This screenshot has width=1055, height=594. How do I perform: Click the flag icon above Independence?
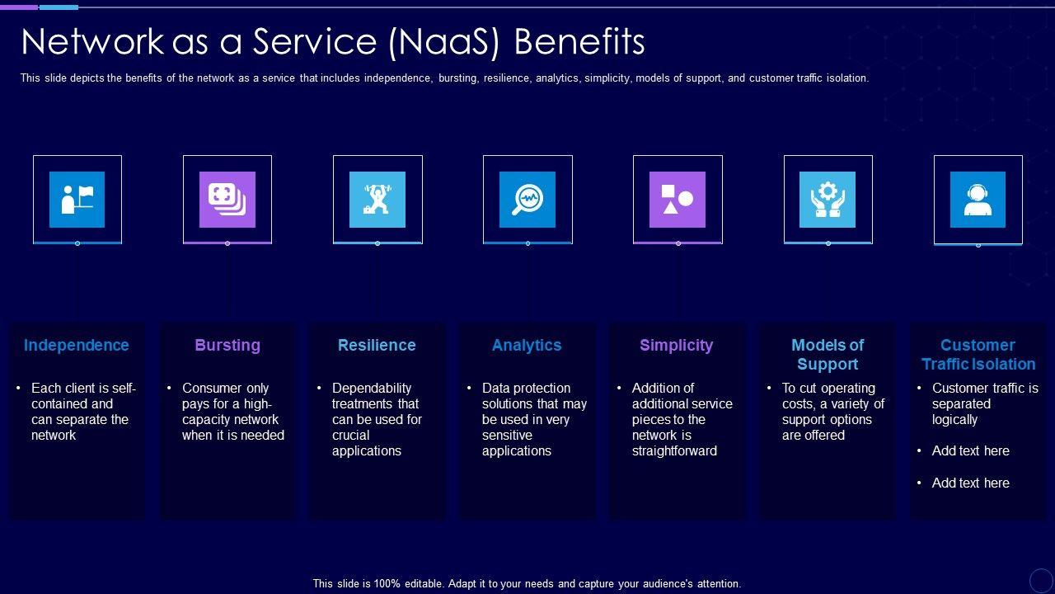coord(77,199)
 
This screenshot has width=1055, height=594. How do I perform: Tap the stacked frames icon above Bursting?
coord(227,199)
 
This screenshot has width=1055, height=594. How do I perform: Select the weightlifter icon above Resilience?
coord(377,199)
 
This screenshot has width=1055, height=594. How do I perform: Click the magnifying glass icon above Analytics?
coord(527,199)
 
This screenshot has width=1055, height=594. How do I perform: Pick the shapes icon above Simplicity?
coord(678,199)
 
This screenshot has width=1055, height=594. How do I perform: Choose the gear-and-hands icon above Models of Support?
coord(828,199)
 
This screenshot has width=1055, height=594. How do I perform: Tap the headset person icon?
coord(978,199)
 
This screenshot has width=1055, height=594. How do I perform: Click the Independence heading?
coord(77,346)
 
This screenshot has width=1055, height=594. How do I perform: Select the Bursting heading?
coord(227,346)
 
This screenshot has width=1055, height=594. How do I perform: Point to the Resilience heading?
coord(377,346)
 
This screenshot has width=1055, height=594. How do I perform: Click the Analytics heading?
coord(527,346)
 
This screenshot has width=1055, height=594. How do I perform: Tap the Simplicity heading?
coord(677,346)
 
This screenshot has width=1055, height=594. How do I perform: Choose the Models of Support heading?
coord(828,355)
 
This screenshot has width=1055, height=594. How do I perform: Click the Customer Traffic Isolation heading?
coord(978,355)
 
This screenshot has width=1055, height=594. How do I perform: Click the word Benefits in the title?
coord(579,42)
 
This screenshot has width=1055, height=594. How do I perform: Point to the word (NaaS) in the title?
coord(446,42)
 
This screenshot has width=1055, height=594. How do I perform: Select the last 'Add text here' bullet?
coord(970,483)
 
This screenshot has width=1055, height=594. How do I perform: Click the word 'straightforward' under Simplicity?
coord(674,451)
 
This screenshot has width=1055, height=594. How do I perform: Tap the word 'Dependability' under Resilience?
coord(372,389)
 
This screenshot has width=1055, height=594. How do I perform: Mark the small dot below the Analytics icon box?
coord(527,243)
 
